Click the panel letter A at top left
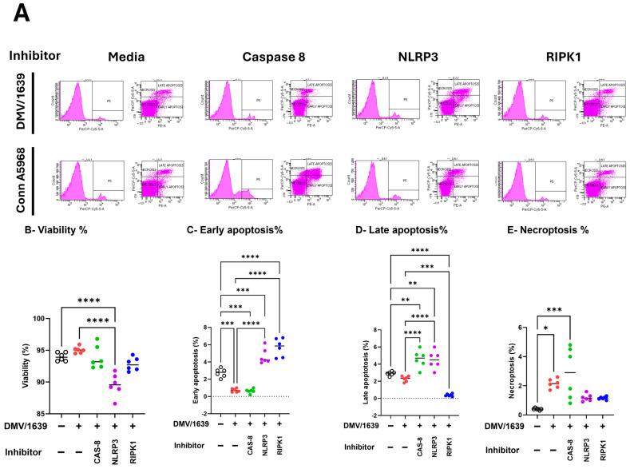point(14,14)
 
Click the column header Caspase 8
point(251,56)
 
